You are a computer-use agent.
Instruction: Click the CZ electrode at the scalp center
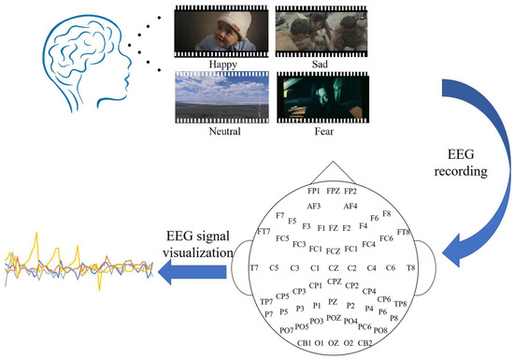tap(333, 267)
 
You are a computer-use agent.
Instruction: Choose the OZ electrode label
tap(333, 343)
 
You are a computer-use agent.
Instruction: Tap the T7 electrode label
tap(253, 267)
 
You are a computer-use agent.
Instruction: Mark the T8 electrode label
tap(410, 267)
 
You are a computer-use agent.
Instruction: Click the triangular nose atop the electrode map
tap(333, 169)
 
